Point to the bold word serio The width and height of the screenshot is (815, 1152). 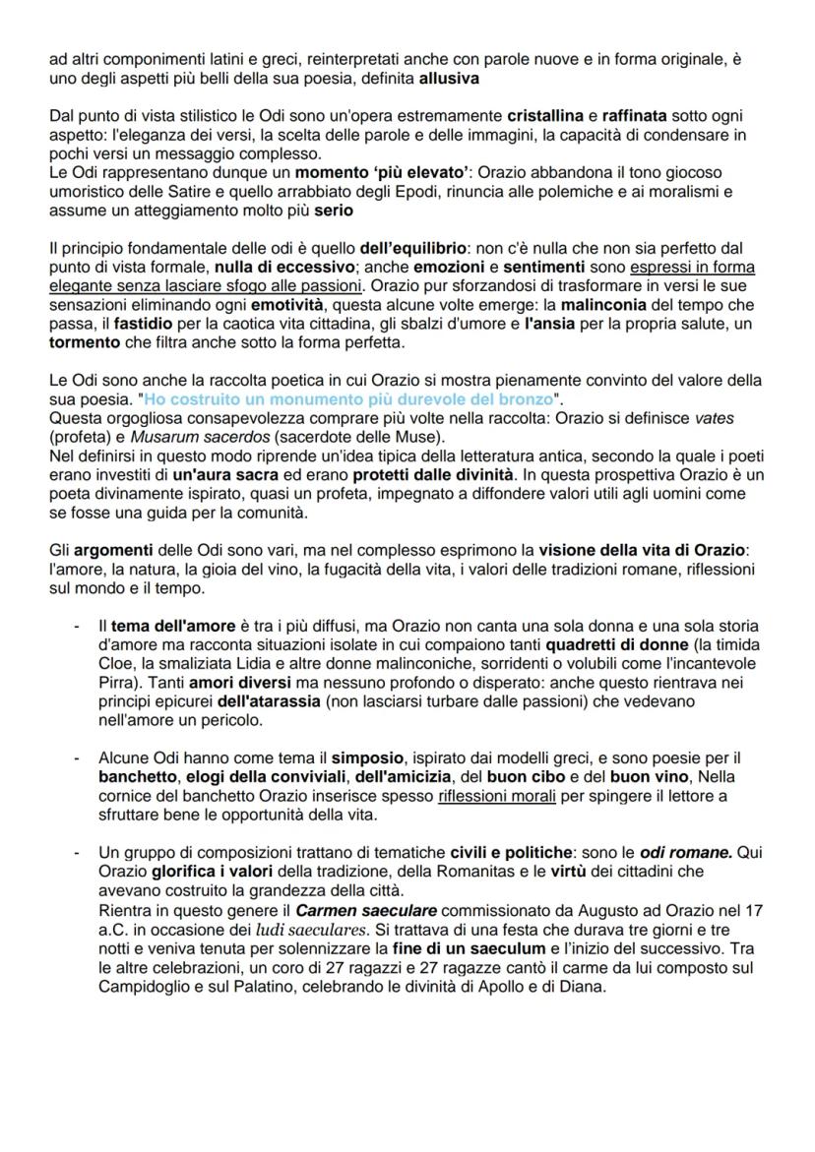coord(333,211)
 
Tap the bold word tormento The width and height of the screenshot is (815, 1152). coord(84,342)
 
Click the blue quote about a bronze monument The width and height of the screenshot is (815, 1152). coord(346,399)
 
